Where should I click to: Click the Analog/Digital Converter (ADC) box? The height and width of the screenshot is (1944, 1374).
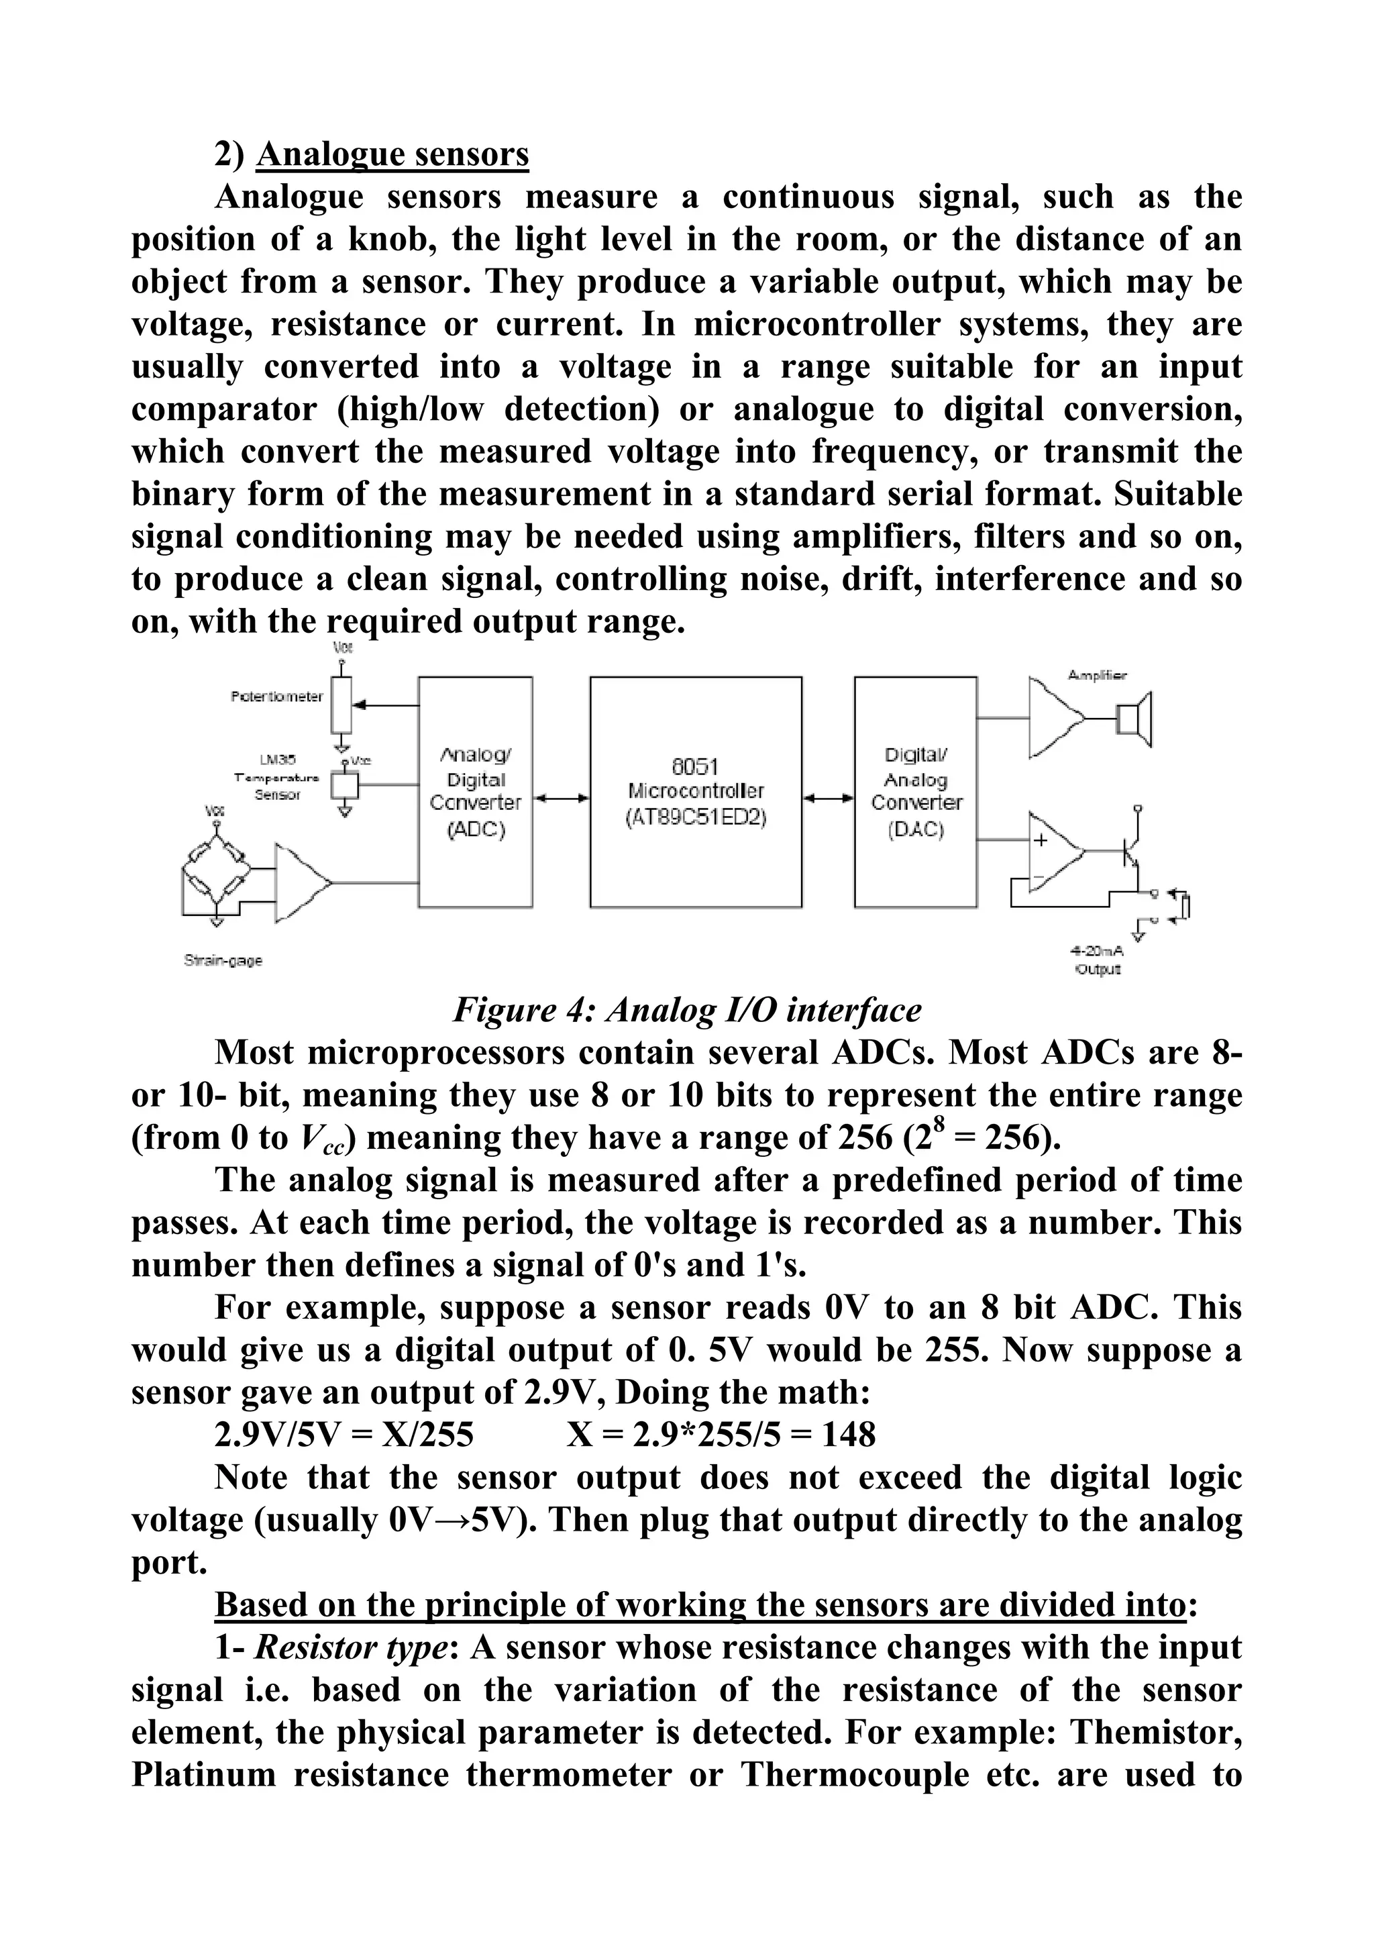tap(475, 792)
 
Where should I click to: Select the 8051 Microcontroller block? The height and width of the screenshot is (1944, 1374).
tap(695, 792)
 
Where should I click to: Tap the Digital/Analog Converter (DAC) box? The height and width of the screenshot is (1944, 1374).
tap(915, 792)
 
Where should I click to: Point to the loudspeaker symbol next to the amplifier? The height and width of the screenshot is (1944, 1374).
tap(1134, 719)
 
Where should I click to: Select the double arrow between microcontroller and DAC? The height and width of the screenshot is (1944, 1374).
tap(828, 797)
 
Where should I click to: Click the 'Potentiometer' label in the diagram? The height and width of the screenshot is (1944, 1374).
tap(276, 697)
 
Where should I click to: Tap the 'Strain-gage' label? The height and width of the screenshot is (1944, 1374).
tap(223, 960)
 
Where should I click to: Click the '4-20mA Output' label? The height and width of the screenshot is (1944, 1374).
tap(1096, 960)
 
